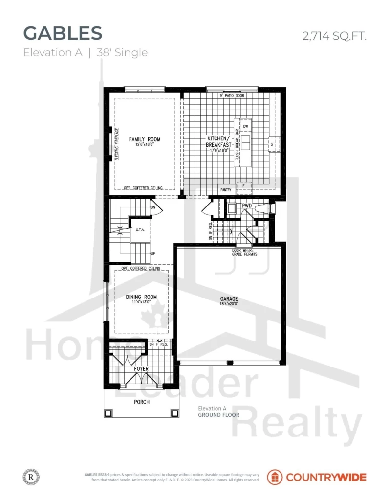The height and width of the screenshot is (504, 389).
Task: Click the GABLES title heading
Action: (x=63, y=33)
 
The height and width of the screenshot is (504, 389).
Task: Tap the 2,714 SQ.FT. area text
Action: (x=334, y=35)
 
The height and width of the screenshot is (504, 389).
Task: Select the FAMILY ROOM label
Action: (x=145, y=139)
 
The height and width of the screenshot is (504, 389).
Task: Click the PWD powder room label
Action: (x=247, y=206)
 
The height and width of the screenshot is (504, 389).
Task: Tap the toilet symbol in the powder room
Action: (x=264, y=208)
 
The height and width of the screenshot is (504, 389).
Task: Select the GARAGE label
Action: (x=229, y=298)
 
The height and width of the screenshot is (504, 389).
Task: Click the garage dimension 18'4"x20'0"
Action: (x=229, y=304)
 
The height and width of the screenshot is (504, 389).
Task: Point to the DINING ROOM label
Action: (x=141, y=297)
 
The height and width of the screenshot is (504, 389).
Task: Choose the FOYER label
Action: (x=141, y=369)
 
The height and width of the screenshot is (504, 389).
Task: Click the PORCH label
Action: (x=142, y=402)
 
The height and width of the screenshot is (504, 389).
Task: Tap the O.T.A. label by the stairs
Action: (x=139, y=229)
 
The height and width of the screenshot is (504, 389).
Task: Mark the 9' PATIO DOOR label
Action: (x=232, y=95)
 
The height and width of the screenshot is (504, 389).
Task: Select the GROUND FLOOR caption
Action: (x=218, y=415)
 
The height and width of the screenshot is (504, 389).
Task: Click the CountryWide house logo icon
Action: (x=275, y=477)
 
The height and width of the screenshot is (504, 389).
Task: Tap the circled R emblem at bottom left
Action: (x=30, y=477)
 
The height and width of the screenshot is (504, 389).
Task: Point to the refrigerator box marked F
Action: (x=243, y=186)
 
